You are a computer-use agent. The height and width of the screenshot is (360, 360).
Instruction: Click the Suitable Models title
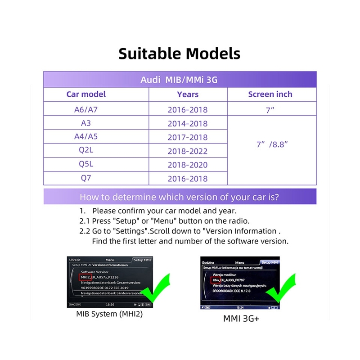click(x=180, y=54)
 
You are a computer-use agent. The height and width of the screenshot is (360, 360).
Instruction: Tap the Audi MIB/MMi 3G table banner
click(x=179, y=80)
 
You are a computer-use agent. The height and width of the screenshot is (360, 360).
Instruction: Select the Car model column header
click(x=86, y=94)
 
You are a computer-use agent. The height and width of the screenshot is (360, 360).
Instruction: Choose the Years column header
click(x=188, y=94)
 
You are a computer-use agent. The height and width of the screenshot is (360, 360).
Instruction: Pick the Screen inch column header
click(x=270, y=94)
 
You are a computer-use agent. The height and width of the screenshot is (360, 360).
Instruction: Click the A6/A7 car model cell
click(x=86, y=109)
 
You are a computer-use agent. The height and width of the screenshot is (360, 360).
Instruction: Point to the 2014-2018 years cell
click(x=188, y=124)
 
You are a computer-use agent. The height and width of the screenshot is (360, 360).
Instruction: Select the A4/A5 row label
click(x=86, y=137)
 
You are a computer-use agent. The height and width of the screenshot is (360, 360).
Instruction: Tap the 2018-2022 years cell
click(x=188, y=151)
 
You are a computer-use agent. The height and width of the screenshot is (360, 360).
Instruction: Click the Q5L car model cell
click(x=86, y=164)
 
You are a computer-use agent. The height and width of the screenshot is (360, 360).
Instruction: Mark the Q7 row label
click(x=86, y=178)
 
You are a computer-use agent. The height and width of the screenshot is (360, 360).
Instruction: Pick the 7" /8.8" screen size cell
click(x=271, y=144)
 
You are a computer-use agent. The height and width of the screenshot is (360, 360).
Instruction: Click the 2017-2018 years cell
click(x=188, y=137)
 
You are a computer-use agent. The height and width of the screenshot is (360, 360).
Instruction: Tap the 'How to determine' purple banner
click(x=179, y=197)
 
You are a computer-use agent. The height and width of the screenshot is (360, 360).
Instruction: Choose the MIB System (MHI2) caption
click(x=109, y=314)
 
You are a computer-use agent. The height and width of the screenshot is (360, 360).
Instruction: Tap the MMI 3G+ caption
click(x=242, y=319)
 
